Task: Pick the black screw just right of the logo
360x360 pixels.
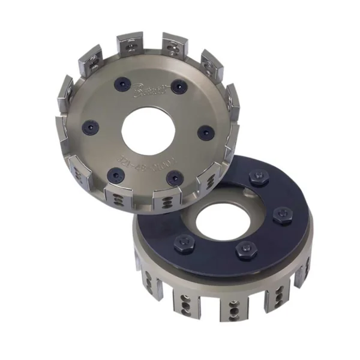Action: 176,88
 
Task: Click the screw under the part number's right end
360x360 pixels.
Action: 174,177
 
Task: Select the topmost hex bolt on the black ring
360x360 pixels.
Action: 252,178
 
